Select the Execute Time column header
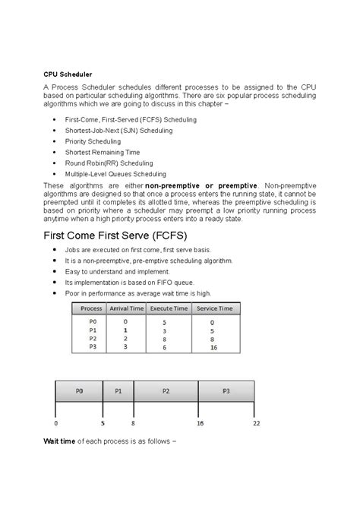pos(169,308)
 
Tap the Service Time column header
pos(215,308)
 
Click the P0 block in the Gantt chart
pos(79,392)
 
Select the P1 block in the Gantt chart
pos(118,392)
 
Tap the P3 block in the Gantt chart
pos(226,392)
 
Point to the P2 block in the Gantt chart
pos(165,392)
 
